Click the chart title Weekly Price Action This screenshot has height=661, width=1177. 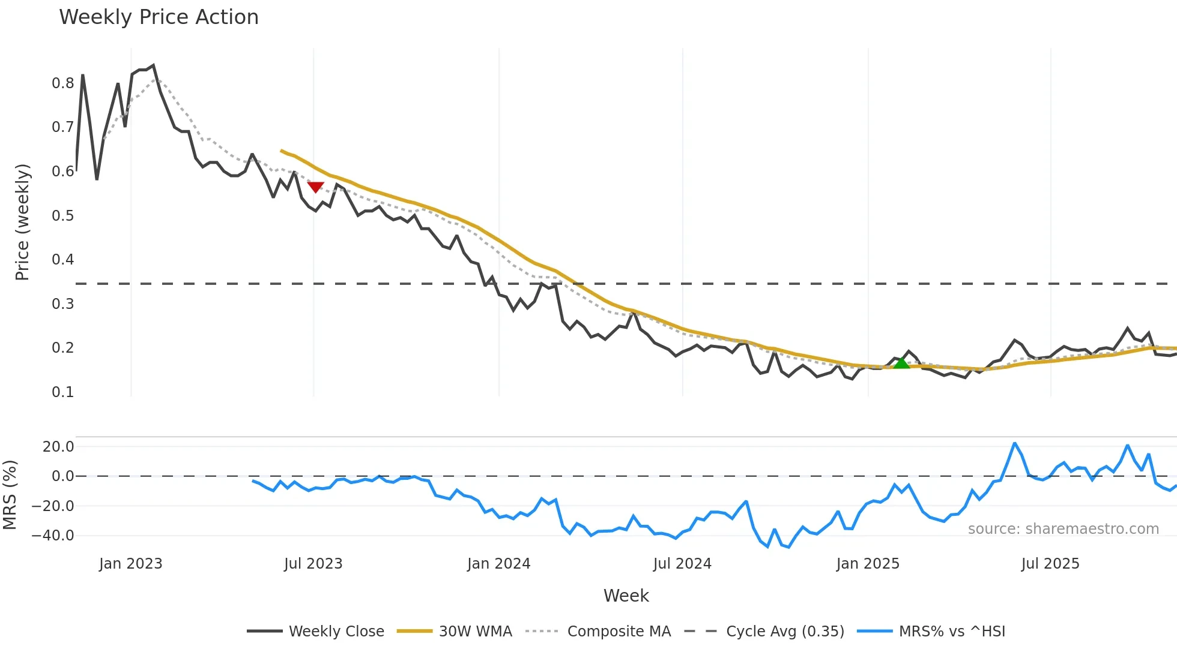159,17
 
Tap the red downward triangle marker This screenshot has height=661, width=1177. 316,187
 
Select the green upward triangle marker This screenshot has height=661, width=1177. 901,363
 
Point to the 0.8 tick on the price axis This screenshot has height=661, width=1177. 62,83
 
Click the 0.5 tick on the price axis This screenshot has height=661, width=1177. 62,215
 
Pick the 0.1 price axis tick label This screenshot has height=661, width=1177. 62,392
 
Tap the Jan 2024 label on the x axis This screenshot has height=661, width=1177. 498,564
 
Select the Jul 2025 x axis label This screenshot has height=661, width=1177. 1050,564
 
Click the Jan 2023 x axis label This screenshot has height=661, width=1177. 131,564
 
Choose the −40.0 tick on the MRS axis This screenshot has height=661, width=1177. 53,535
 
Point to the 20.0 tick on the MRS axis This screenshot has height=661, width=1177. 58,446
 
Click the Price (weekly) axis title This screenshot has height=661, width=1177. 22,222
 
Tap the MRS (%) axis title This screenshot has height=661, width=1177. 10,495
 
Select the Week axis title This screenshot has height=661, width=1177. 626,596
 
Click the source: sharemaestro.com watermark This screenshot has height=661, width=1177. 1063,529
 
